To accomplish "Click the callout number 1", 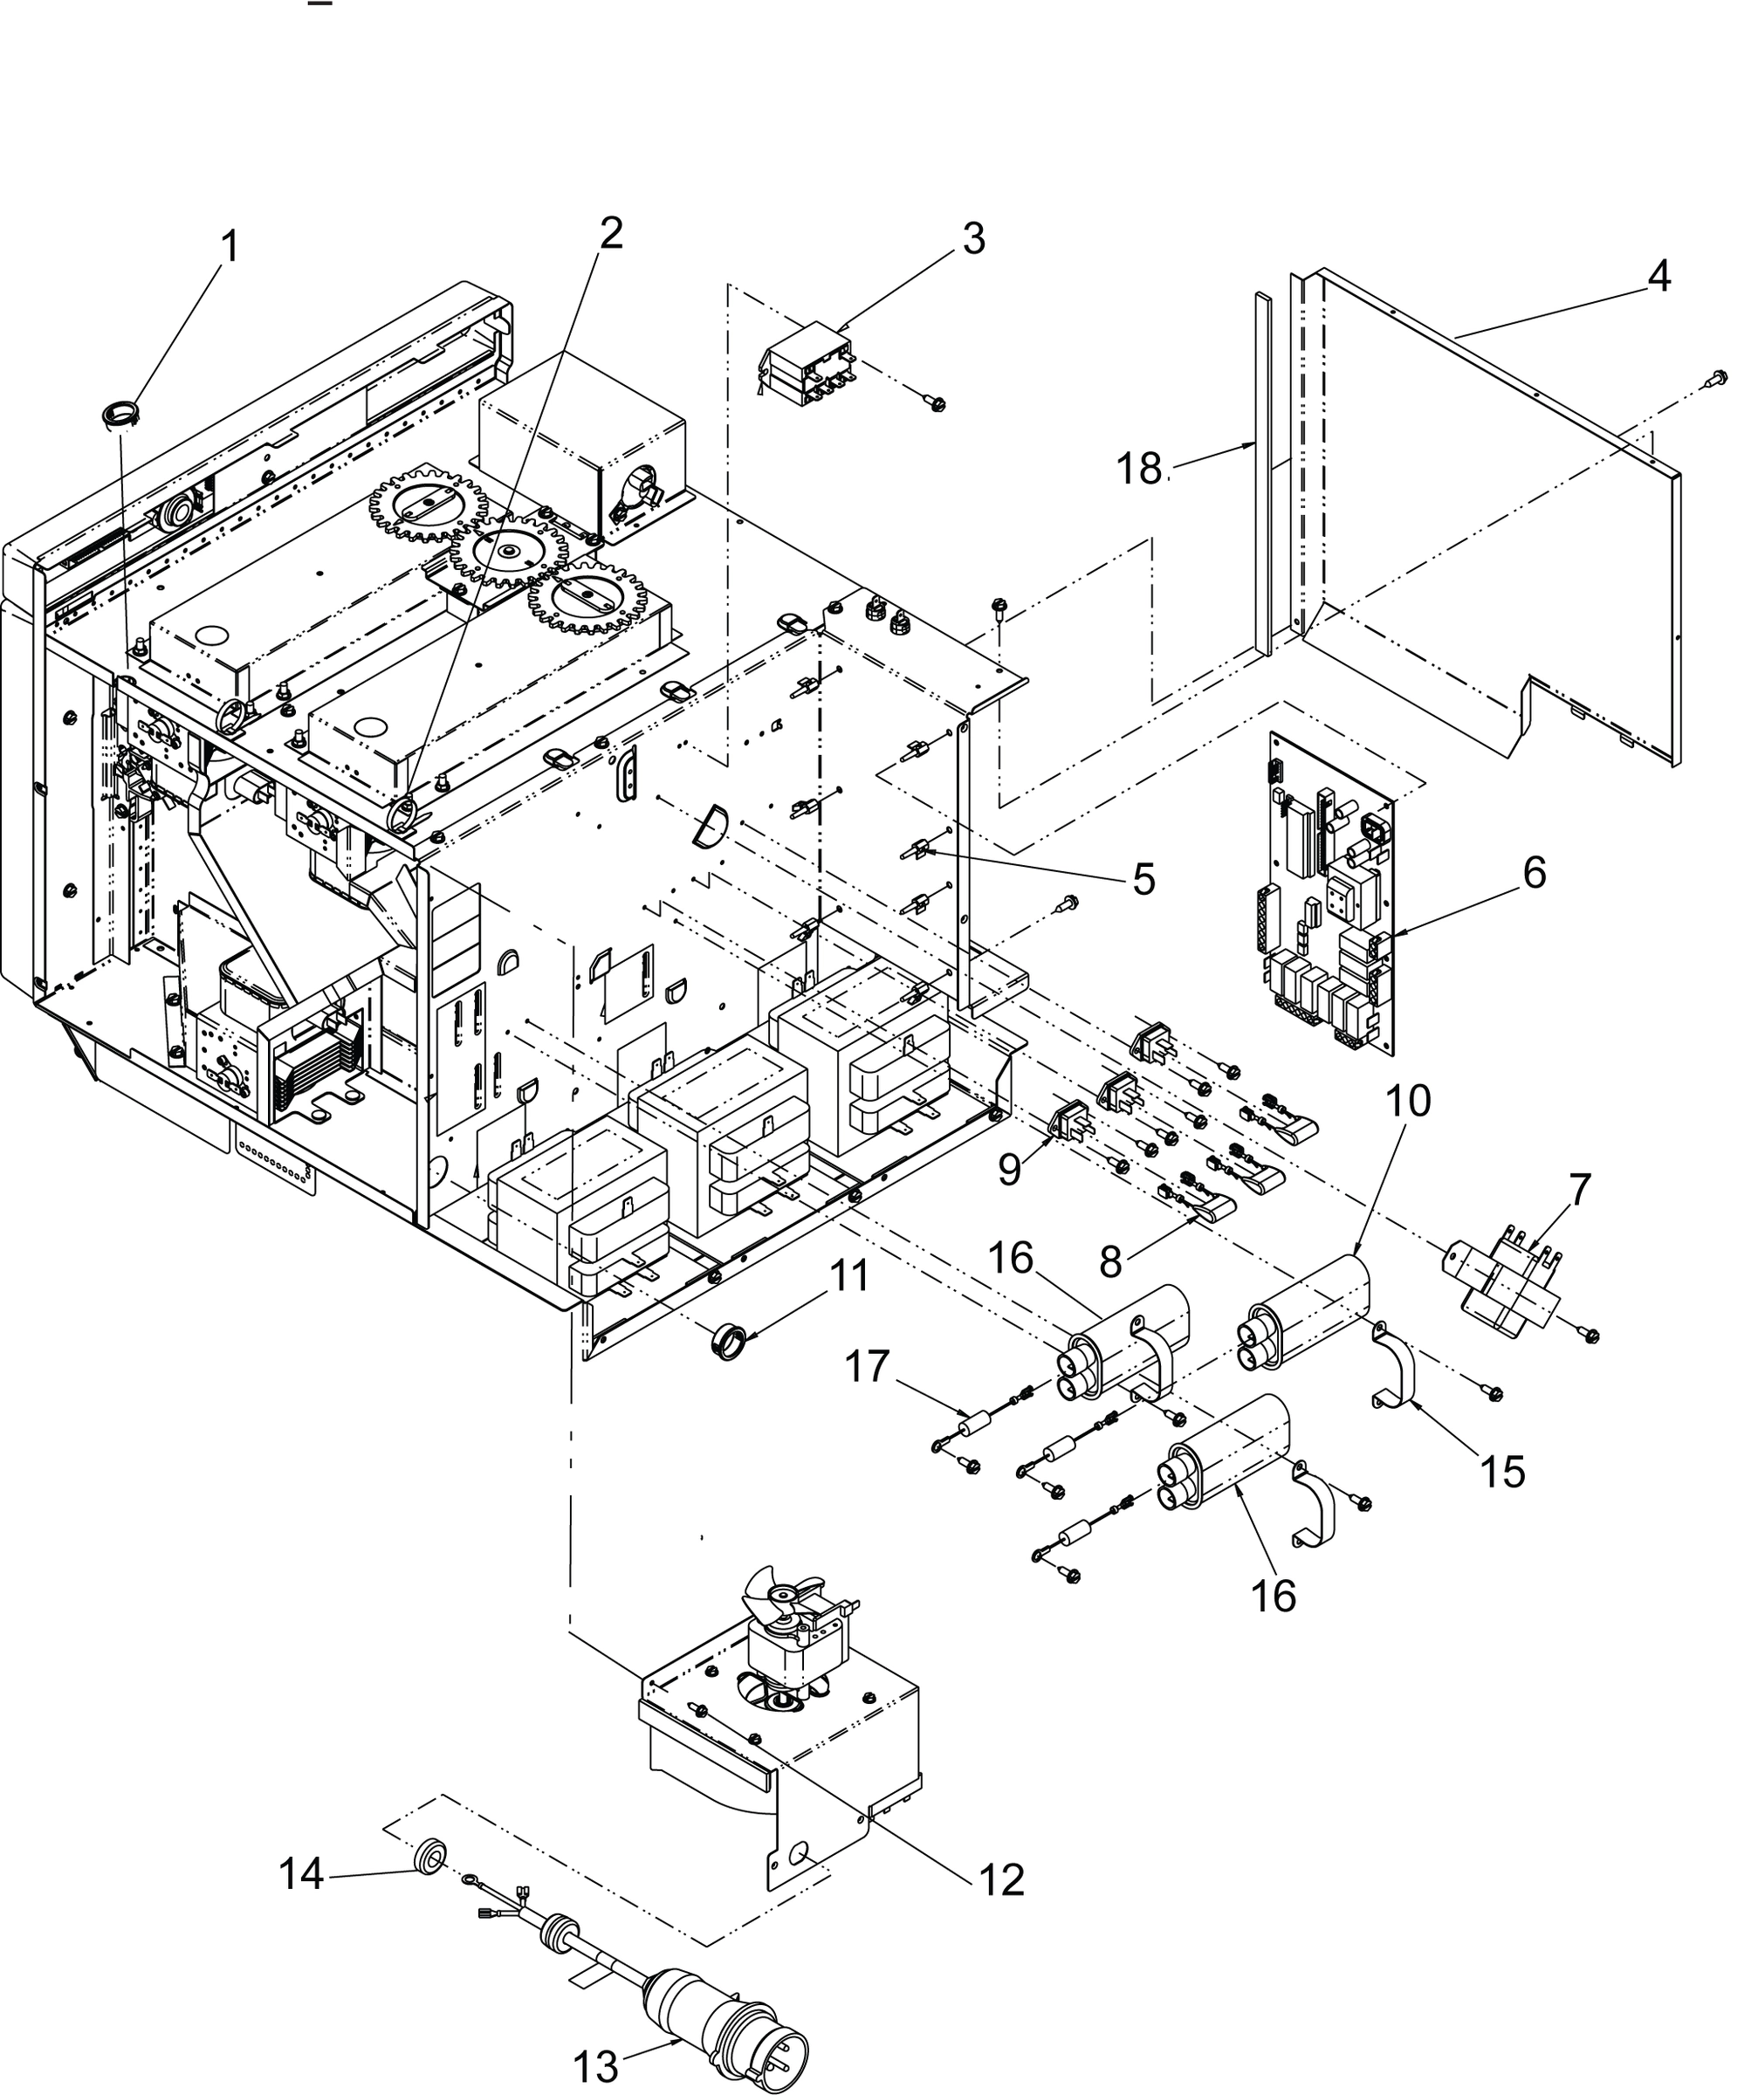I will pyautogui.click(x=230, y=246).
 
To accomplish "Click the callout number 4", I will pyautogui.click(x=1658, y=277).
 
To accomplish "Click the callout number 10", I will pyautogui.click(x=1408, y=1102).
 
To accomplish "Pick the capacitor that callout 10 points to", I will pyautogui.click(x=1307, y=1315).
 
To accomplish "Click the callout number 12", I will pyautogui.click(x=1000, y=1880).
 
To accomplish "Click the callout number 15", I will pyautogui.click(x=1502, y=1471).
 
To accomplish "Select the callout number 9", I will pyautogui.click(x=1010, y=1168).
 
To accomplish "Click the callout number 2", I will pyautogui.click(x=611, y=233).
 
